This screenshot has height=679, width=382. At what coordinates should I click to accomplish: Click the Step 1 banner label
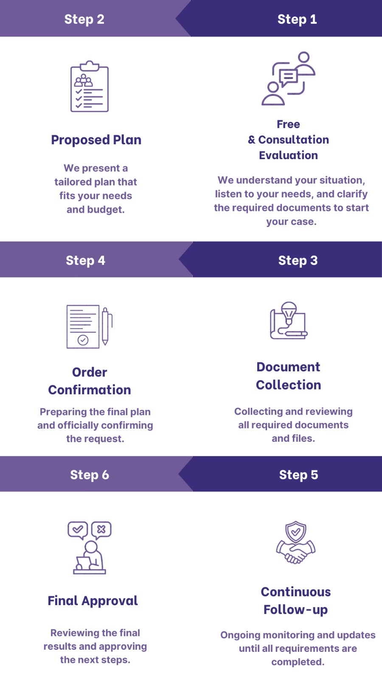[297, 19]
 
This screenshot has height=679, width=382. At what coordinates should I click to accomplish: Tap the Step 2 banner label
[84, 19]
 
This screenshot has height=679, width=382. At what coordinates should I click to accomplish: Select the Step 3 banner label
[298, 260]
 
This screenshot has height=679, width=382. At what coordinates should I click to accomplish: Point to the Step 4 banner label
[85, 260]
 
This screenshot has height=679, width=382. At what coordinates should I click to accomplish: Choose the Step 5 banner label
[298, 474]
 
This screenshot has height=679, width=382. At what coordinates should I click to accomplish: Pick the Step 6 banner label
[90, 474]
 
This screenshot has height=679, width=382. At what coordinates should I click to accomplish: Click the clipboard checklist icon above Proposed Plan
[90, 87]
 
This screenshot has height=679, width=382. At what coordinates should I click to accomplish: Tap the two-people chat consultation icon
[288, 79]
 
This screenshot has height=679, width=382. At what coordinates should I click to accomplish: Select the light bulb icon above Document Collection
[289, 312]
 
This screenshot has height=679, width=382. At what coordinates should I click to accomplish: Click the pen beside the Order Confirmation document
[105, 326]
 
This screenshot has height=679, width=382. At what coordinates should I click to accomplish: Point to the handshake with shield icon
[296, 543]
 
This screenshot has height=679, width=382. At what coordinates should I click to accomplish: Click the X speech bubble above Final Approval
[101, 530]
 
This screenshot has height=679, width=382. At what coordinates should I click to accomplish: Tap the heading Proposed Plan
[96, 140]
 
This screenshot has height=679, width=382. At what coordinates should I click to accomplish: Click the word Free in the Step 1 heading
[288, 124]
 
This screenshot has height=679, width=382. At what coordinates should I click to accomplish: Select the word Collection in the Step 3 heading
[288, 385]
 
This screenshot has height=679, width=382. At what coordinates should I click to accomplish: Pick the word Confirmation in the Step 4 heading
[90, 390]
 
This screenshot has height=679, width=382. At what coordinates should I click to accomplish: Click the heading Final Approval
[93, 600]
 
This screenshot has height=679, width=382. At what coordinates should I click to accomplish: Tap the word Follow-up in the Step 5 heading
[295, 610]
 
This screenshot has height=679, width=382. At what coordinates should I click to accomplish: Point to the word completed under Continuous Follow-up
[297, 662]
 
